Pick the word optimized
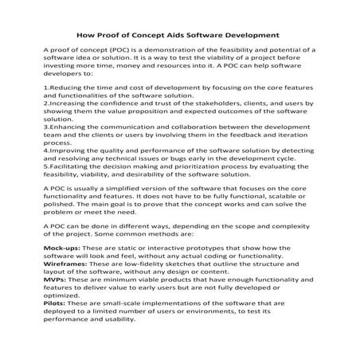(x=65, y=295)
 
